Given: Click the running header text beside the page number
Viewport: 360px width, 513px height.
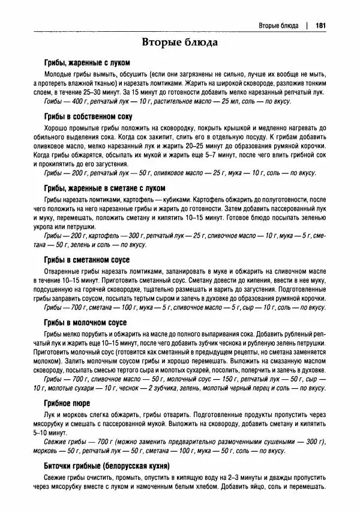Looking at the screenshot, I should [x=278, y=25].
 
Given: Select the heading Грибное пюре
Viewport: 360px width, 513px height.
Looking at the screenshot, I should [x=67, y=403].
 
